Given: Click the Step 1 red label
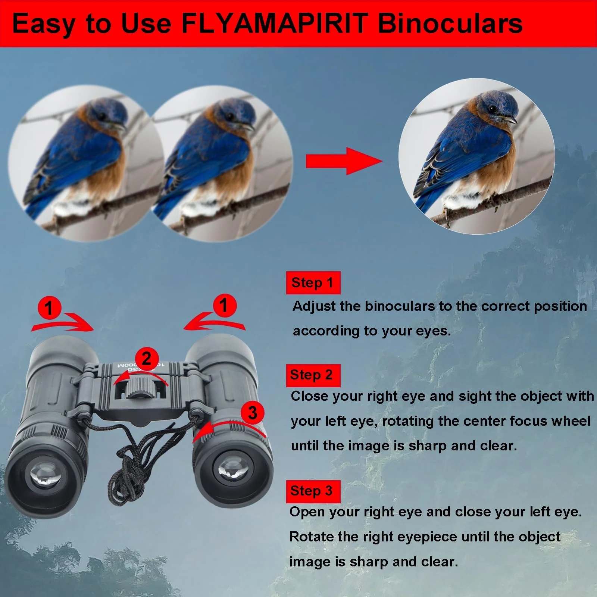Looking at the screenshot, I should pyautogui.click(x=313, y=282).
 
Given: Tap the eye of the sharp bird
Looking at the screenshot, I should pyautogui.click(x=493, y=109).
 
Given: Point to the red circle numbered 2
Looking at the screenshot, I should pyautogui.click(x=147, y=359).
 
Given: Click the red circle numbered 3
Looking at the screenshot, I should pyautogui.click(x=253, y=413).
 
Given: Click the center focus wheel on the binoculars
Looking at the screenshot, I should pyautogui.click(x=141, y=388).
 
